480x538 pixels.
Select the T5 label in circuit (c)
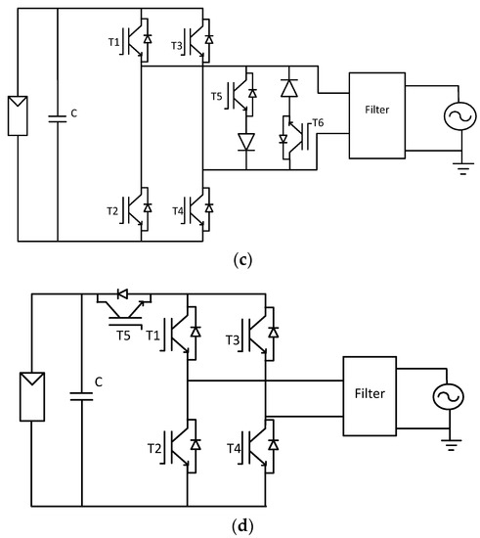217,96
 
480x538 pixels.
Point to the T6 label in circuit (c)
315,121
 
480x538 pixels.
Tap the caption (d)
240,527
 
